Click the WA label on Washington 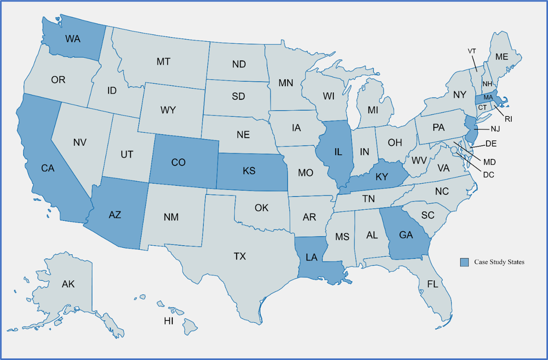(x=73, y=39)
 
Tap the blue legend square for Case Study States (x=464, y=262)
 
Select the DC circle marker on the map (x=454, y=150)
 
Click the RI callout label (x=508, y=119)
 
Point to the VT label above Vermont (x=472, y=51)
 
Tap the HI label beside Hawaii (x=169, y=321)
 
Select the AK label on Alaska (x=68, y=284)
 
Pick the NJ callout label (x=495, y=129)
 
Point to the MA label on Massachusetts (x=488, y=97)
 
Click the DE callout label (x=491, y=144)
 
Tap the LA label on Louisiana (x=311, y=257)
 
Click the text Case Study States (x=499, y=262)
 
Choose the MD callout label (x=489, y=162)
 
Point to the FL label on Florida (x=432, y=284)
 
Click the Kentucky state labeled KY (x=382, y=176)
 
